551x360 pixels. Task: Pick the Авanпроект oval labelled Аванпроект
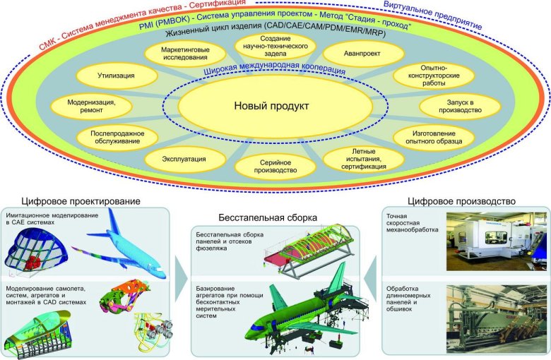click(363, 54)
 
